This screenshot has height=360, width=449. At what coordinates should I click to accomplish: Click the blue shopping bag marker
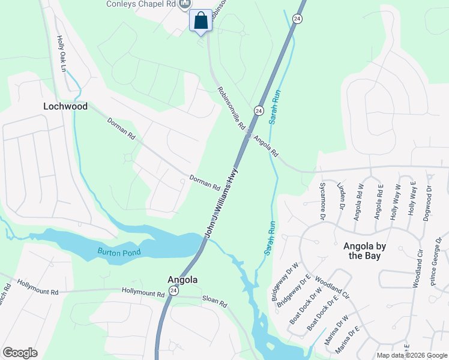200,21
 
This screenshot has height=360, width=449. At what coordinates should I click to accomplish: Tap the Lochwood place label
65,106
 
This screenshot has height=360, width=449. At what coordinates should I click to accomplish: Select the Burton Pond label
120,252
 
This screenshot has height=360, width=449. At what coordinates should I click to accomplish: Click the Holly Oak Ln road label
61,53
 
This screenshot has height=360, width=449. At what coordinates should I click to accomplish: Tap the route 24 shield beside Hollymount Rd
173,291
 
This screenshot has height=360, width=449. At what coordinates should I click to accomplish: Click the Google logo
20,353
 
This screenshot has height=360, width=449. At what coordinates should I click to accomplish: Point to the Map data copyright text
411,355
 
